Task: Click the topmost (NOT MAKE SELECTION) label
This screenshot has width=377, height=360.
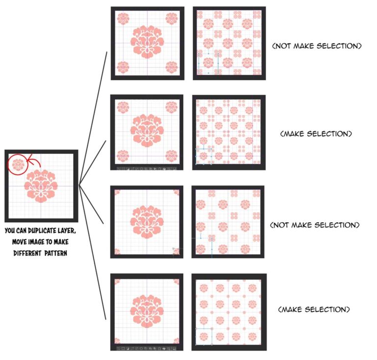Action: (317, 46)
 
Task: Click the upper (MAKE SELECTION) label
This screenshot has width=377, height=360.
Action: (314, 133)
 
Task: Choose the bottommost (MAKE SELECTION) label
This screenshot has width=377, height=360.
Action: (314, 309)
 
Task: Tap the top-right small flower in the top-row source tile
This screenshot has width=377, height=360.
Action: (171, 19)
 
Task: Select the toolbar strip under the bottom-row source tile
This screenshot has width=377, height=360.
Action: (147, 348)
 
